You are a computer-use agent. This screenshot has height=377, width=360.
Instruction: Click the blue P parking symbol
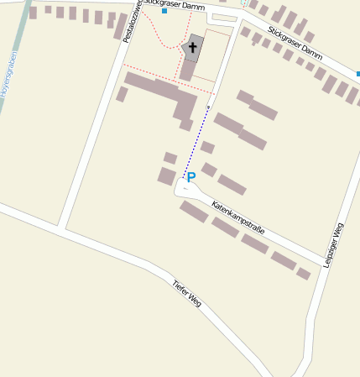190,178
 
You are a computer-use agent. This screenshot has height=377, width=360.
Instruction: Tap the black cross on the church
193,48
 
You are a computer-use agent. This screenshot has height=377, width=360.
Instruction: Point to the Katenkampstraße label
238,217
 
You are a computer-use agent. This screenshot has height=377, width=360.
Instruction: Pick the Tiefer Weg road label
186,292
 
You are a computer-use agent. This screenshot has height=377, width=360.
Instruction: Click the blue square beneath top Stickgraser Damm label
164,12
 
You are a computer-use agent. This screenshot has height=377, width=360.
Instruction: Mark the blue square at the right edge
357,75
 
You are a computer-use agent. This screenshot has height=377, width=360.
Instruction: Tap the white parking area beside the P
185,190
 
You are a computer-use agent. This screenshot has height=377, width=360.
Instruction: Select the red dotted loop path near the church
159,34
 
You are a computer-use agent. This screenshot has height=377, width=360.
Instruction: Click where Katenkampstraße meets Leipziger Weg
321,259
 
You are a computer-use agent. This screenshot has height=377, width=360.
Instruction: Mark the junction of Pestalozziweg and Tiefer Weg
61,227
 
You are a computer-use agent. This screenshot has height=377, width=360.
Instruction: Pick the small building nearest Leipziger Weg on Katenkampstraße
303,273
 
